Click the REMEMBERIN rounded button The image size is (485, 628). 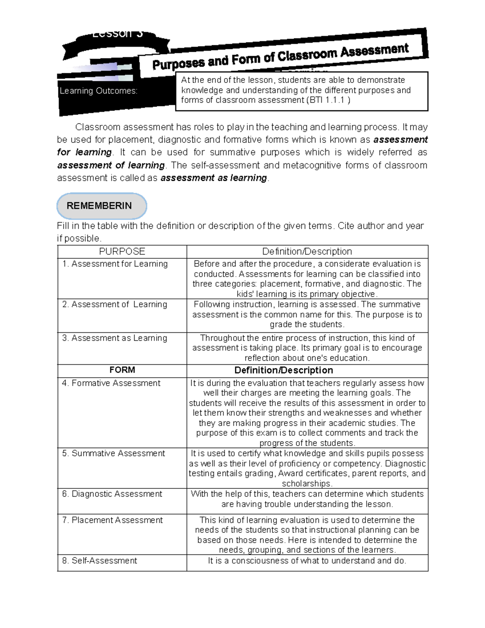[x=101, y=206]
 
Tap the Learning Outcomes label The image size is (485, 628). [x=98, y=91]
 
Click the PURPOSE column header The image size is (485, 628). [x=122, y=252]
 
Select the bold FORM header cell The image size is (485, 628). [x=122, y=370]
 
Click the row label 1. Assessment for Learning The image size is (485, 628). [x=115, y=264]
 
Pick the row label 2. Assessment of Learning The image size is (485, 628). [x=114, y=304]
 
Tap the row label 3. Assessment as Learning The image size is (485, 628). [x=114, y=338]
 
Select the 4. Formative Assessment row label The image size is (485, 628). [x=111, y=383]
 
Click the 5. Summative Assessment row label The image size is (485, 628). [x=114, y=453]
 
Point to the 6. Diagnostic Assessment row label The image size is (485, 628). [x=112, y=494]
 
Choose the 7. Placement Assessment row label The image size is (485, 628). [x=112, y=520]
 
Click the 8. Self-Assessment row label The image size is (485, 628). [x=99, y=560]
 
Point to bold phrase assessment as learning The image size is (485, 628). [x=214, y=178]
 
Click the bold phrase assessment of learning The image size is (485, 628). [x=111, y=165]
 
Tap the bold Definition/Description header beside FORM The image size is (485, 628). [x=283, y=370]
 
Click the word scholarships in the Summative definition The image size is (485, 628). [x=307, y=484]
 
